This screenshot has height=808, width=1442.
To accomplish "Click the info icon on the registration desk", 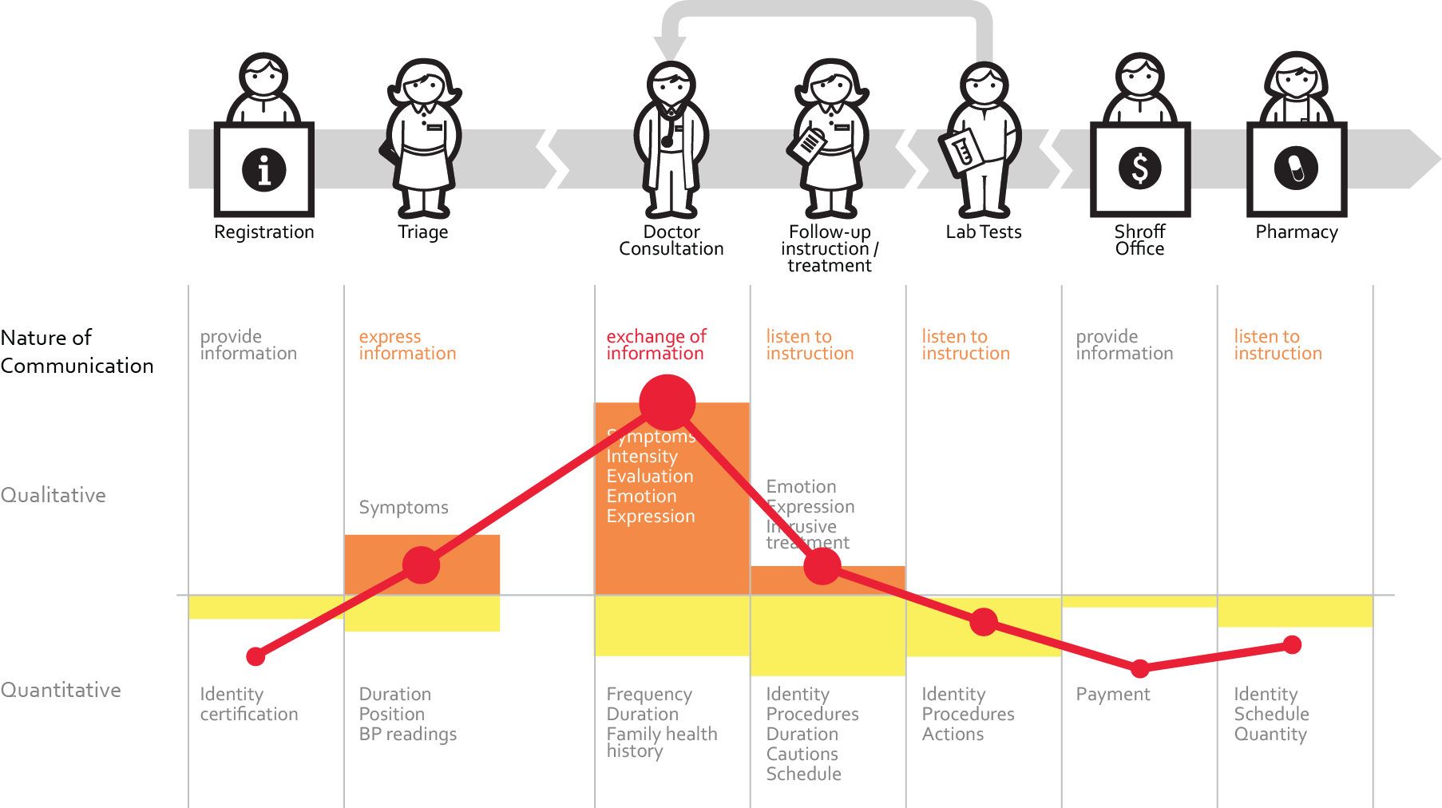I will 263,169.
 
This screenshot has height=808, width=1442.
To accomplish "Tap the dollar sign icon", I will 1139,168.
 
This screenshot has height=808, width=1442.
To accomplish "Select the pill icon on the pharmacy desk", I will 1296,168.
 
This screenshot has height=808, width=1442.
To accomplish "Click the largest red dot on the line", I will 667,402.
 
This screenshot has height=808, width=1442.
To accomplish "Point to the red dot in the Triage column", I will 422,565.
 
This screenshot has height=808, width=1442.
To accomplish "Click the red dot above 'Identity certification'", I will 256,656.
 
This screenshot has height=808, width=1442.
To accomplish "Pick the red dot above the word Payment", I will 1139,667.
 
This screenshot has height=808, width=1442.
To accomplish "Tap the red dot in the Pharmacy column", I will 1293,644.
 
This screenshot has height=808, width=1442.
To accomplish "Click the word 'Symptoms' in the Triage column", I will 403,508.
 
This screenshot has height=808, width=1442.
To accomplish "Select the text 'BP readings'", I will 408,735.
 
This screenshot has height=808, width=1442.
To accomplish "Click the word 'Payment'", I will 1113,695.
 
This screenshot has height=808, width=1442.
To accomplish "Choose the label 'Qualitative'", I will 53,495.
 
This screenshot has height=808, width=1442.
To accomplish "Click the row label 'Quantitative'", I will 61,690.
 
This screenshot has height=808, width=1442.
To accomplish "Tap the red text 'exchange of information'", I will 656,345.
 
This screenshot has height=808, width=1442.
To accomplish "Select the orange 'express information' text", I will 407,345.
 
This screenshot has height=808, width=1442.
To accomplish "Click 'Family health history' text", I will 661,742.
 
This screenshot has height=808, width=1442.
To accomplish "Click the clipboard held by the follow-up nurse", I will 808,144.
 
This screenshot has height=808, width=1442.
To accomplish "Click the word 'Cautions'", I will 802,754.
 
